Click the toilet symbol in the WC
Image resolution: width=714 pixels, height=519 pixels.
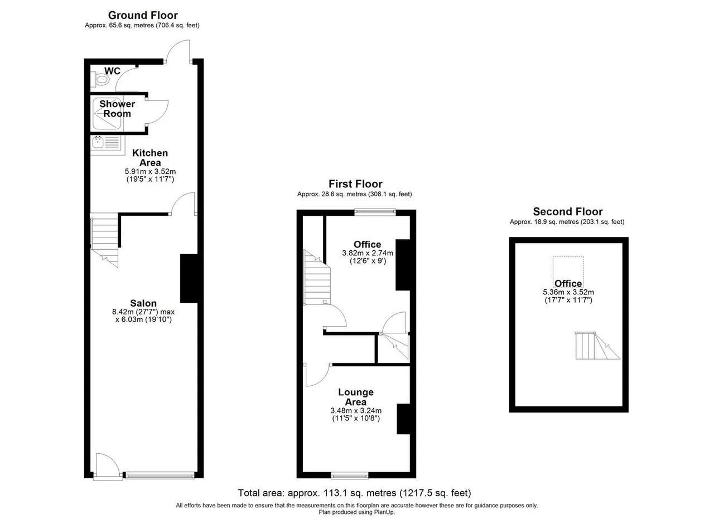(100, 79)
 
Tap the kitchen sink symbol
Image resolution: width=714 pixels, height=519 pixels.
(108, 145)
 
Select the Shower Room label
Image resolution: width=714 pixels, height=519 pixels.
(117, 109)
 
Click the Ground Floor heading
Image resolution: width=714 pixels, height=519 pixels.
(143, 15)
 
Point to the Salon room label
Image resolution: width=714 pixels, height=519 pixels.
(143, 303)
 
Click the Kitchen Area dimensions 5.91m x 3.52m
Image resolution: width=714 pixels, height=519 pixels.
(150, 171)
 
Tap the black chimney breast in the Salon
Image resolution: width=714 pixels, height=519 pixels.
(189, 279)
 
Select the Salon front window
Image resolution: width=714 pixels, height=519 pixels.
(160, 476)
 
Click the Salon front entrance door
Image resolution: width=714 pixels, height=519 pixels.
(108, 467)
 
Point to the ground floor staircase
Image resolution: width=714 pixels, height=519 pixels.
(104, 240)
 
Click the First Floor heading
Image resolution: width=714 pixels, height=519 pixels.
(355, 184)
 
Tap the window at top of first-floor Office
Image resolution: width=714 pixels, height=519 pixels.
(375, 212)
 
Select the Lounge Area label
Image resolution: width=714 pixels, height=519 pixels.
(356, 397)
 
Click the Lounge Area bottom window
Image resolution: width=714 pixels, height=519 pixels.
(350, 476)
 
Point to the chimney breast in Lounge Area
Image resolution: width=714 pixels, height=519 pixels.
(403, 419)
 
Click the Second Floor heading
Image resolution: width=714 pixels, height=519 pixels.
(568, 211)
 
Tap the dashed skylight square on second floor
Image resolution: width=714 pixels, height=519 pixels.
(568, 272)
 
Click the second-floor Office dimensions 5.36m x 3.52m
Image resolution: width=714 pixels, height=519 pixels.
(568, 292)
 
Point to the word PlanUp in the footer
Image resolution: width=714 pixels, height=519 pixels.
(385, 512)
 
